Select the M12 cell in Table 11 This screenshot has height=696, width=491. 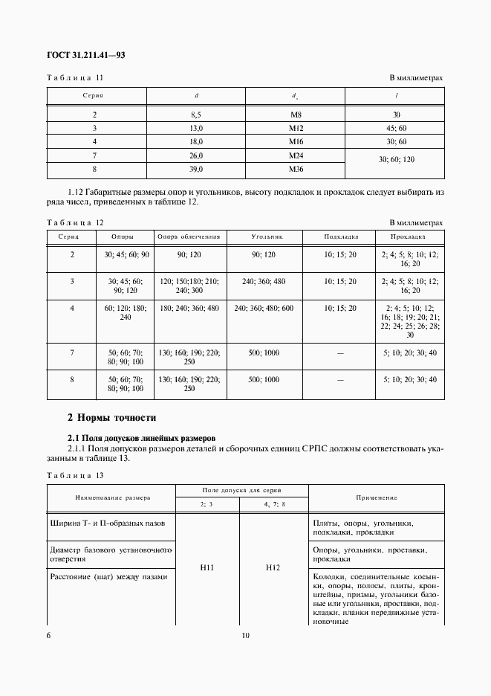point(296,128)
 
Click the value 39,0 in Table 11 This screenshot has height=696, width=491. point(196,169)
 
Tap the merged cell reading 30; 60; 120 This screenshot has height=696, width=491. point(397,161)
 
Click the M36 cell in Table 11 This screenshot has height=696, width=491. point(296,169)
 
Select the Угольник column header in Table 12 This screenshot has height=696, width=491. point(264,236)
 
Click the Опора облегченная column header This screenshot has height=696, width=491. point(189,236)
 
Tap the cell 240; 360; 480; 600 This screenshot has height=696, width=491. point(264,308)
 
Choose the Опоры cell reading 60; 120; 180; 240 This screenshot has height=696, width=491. point(123,312)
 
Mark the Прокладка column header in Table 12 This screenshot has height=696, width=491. point(409,236)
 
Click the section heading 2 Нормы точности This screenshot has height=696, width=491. point(111,418)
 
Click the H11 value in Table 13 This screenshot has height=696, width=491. point(207,568)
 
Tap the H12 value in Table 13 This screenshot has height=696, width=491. point(273,568)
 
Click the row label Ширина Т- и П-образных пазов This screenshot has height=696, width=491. point(107,523)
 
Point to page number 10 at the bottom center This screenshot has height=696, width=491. point(246,636)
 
